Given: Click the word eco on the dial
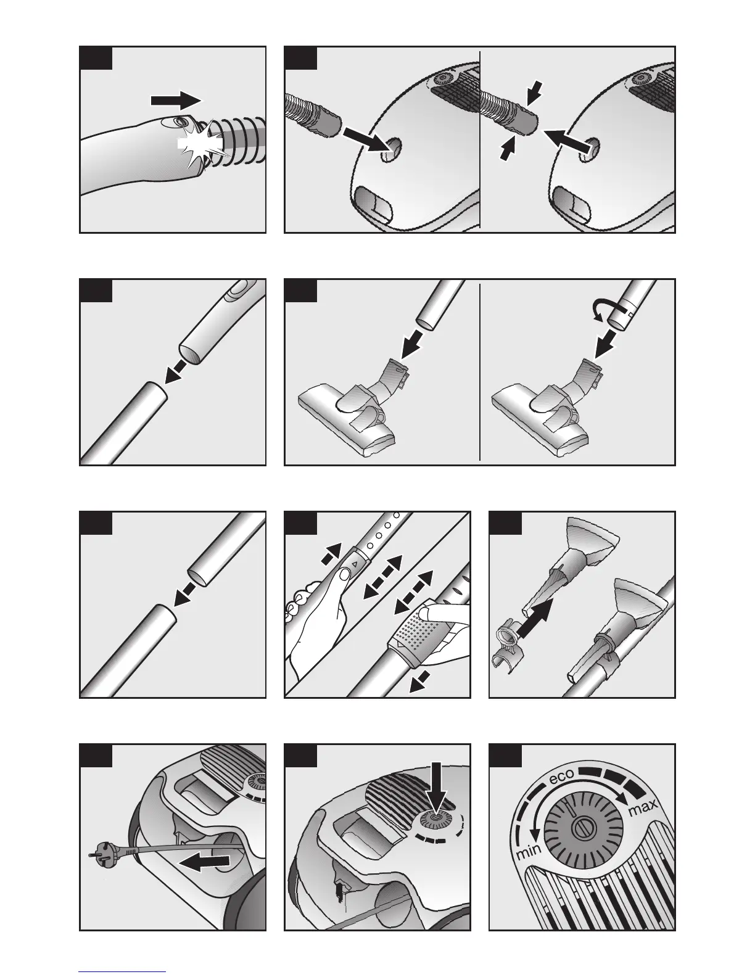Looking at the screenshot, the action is (x=561, y=776).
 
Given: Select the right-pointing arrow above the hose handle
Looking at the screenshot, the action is (x=176, y=100).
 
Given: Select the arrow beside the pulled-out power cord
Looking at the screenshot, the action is (x=204, y=862).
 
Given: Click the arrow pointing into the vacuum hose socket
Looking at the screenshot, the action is (x=370, y=140).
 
